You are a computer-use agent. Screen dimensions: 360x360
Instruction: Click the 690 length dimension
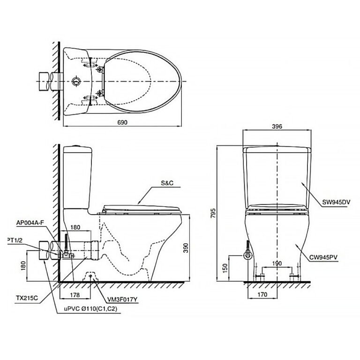pyautogui.click(x=122, y=122)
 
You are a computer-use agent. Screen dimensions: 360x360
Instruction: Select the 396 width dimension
pyautogui.click(x=277, y=126)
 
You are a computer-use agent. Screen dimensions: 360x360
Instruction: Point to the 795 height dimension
pyautogui.click(x=213, y=213)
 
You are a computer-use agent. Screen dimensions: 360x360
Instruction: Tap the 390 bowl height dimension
pyautogui.click(x=186, y=247)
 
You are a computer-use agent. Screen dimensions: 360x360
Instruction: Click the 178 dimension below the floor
pyautogui.click(x=75, y=294)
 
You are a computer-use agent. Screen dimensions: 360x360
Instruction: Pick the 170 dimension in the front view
pyautogui.click(x=262, y=294)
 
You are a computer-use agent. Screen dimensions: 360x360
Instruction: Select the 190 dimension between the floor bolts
pyautogui.click(x=277, y=263)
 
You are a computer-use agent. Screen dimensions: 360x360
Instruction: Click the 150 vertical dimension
pyautogui.click(x=225, y=268)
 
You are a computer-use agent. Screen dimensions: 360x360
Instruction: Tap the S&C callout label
pyautogui.click(x=167, y=183)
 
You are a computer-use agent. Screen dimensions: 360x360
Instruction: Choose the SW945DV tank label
pyautogui.click(x=336, y=202)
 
